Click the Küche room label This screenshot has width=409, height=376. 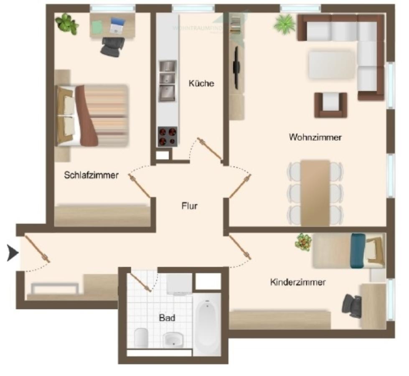pos(201,83)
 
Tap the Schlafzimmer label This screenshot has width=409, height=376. pos(91,175)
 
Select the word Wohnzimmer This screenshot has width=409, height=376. pos(315,137)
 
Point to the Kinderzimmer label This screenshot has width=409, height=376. pos(298,282)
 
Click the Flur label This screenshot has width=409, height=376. pos(189,206)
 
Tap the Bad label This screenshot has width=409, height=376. pos(167,318)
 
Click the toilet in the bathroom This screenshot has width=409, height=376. pos(141,337)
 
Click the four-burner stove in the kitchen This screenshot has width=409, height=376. pos(167,136)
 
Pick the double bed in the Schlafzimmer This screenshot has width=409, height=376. pos(92,115)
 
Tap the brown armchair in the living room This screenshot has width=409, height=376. pos(331,104)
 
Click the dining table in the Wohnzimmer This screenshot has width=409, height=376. pos(315,192)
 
